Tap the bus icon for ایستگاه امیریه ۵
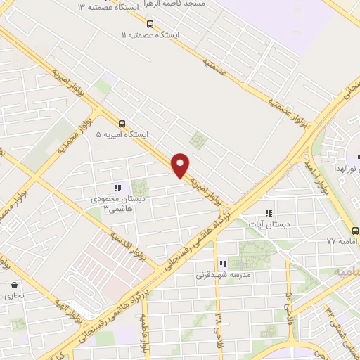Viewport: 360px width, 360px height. pos(123,121)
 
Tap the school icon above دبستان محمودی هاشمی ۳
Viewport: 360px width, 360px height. pos(117,187)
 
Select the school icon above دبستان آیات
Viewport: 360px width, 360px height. pos(267,212)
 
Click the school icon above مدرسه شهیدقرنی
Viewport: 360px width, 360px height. pos(222,264)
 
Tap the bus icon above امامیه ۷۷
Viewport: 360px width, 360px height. pos(354,229)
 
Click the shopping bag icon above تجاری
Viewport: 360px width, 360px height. pos(15,285)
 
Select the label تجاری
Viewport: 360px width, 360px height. pos(15,296)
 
